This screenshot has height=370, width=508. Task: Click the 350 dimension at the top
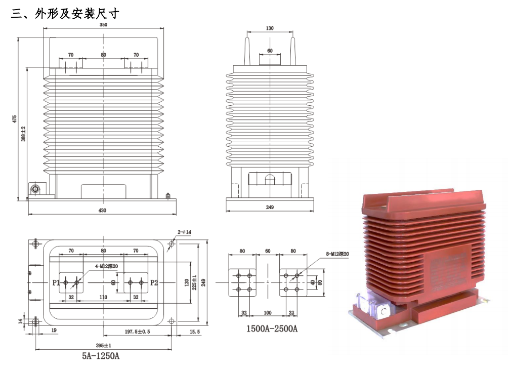[x=103, y=24]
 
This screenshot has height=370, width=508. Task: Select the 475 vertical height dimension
[x=15, y=119]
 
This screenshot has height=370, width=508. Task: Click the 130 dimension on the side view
[x=270, y=28]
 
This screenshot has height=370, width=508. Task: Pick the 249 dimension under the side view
[x=270, y=208]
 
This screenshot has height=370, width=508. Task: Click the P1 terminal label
[x=56, y=282]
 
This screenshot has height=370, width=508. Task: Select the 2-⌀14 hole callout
[x=184, y=232]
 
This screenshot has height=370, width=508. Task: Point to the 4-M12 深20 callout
[x=104, y=266]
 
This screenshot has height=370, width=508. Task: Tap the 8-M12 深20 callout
[x=336, y=254]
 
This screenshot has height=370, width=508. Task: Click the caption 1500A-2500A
[x=272, y=328]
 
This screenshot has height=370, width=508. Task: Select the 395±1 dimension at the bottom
[x=103, y=345]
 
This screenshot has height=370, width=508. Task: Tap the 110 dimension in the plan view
[x=103, y=298]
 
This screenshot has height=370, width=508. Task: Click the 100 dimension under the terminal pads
[x=268, y=313]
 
